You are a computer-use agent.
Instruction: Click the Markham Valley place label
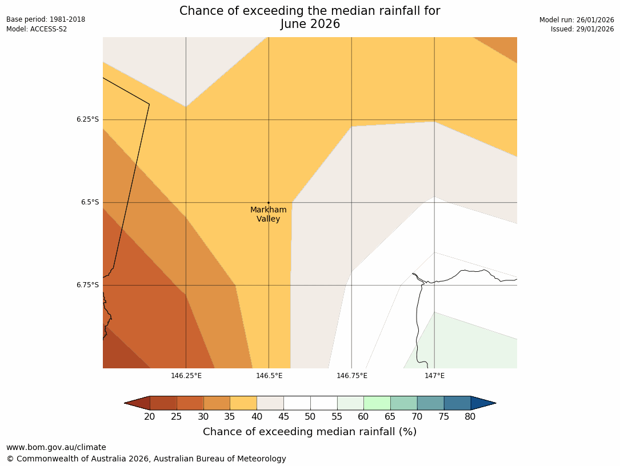tap(269, 214)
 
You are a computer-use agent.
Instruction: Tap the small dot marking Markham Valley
tap(269, 203)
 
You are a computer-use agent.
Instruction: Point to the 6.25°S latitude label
tap(87, 119)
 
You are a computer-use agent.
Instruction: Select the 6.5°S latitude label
tap(89, 202)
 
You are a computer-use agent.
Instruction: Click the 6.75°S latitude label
tap(87, 285)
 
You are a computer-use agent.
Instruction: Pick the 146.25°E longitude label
tap(186, 375)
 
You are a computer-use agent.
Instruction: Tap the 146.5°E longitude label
tap(269, 375)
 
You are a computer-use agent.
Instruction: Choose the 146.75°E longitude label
tap(352, 375)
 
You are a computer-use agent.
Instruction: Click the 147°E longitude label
tap(435, 375)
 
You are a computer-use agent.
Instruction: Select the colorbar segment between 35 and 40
tap(243, 403)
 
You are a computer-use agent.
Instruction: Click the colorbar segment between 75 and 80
tap(457, 403)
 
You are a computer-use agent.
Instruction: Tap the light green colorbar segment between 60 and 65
tap(377, 403)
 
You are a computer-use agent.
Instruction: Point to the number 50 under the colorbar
tap(310, 417)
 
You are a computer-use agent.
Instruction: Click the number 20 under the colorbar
tap(150, 417)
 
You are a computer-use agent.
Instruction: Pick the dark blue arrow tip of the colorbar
tap(483, 403)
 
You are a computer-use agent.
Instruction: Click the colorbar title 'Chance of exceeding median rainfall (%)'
tap(310, 432)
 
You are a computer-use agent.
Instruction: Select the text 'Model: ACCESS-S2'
tap(37, 29)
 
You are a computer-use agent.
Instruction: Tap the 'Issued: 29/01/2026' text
tap(582, 29)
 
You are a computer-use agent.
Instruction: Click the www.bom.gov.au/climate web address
tap(56, 447)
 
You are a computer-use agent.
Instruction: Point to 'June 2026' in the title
tap(310, 24)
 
